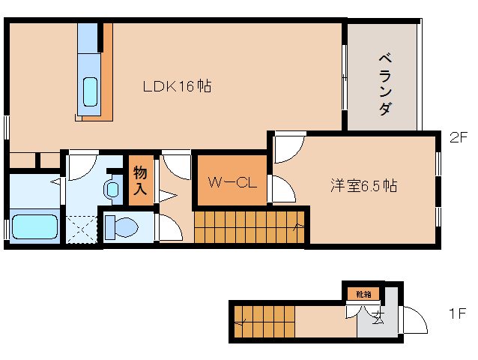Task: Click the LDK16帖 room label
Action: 177,86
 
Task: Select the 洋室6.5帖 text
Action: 364,187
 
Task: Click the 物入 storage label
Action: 140,181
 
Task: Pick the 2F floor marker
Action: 459,138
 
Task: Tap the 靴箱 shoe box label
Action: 363,294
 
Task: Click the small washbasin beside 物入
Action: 113,188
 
